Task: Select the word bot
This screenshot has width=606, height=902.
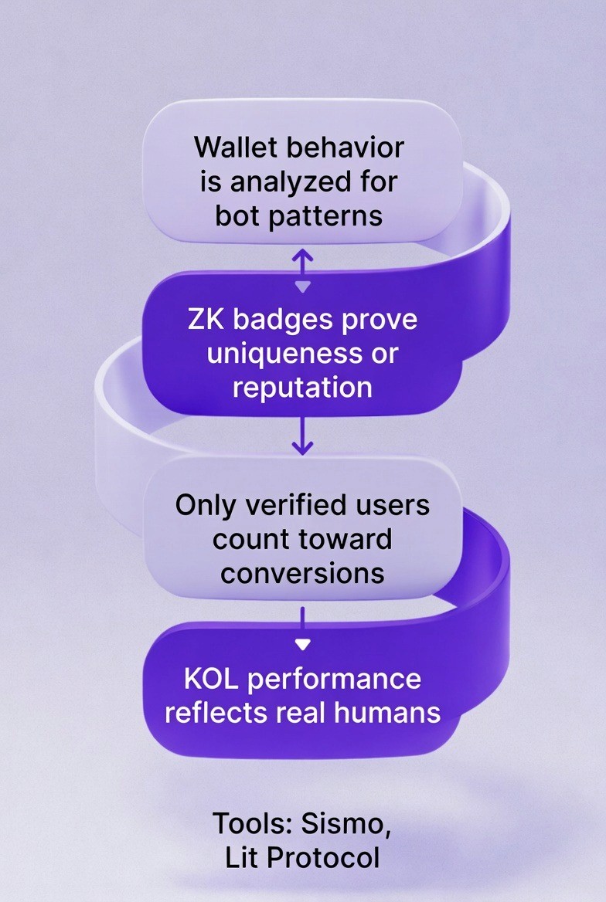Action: tap(237, 215)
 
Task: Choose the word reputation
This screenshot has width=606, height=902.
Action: tap(302, 387)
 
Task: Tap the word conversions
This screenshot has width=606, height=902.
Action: tap(302, 572)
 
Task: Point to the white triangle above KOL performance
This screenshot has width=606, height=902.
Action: tap(303, 643)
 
